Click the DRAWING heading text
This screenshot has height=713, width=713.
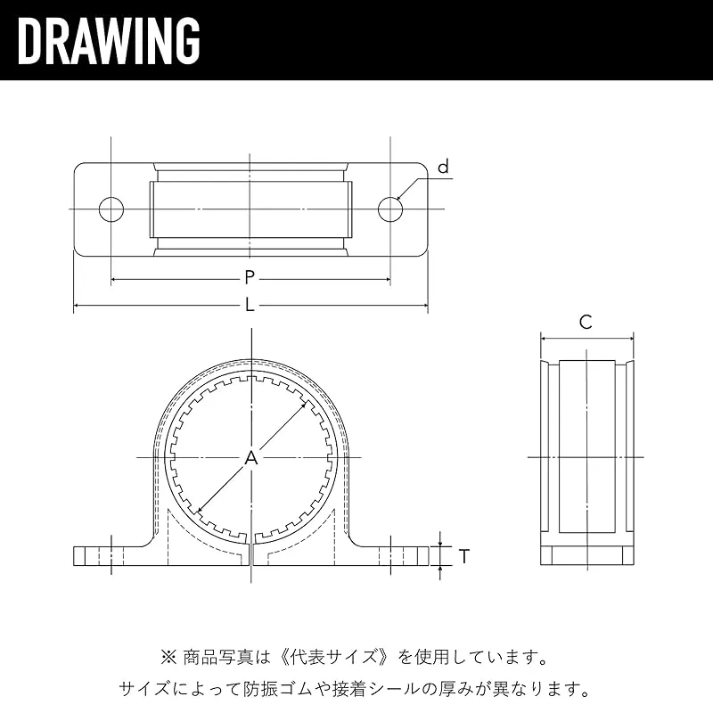109,40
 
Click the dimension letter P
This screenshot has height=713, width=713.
250,277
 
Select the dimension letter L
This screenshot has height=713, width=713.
250,305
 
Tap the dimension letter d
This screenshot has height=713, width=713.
443,167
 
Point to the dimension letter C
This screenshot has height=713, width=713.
586,323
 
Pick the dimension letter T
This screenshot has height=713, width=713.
463,556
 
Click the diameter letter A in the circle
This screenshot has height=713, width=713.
251,458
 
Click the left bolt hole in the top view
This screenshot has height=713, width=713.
111,209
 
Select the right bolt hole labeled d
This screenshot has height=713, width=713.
390,209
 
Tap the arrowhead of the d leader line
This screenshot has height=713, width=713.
399,198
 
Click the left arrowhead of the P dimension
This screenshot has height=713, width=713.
115,279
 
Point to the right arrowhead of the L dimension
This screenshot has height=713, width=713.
424,306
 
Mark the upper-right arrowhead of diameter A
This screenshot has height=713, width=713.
303,403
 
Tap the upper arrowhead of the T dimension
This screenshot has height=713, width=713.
439,543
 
